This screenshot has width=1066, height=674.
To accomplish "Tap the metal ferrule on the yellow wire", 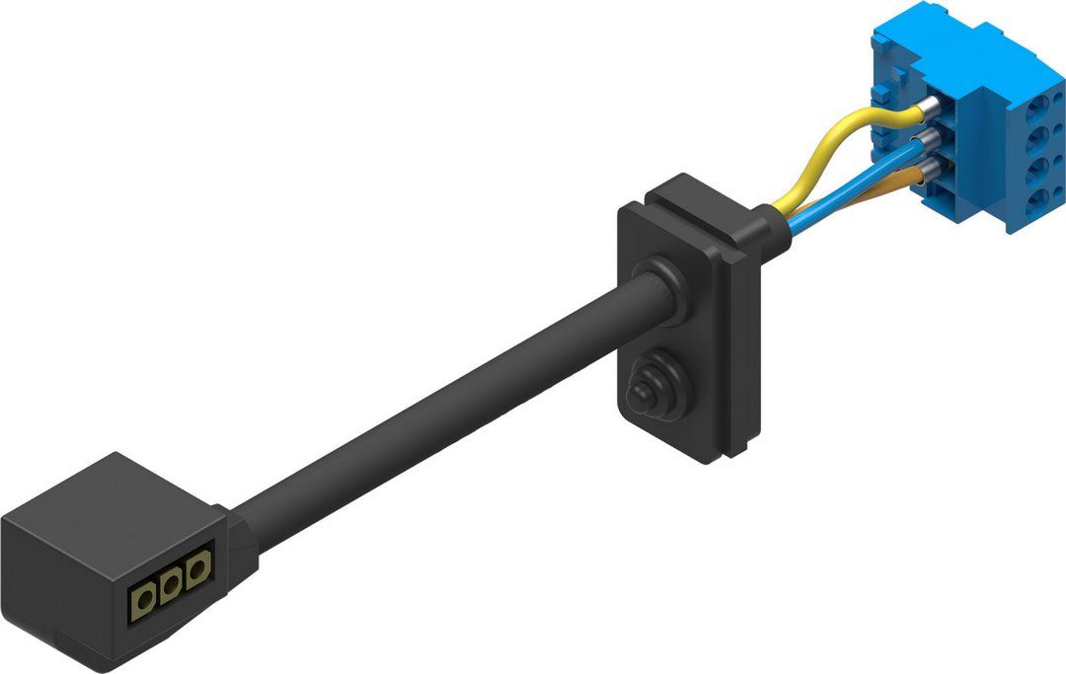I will click(930, 108).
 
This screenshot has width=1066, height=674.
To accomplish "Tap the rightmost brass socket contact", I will click(198, 567).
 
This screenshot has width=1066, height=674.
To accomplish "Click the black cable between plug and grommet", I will click(444, 405).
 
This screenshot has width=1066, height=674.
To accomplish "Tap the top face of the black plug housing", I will click(109, 493).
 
